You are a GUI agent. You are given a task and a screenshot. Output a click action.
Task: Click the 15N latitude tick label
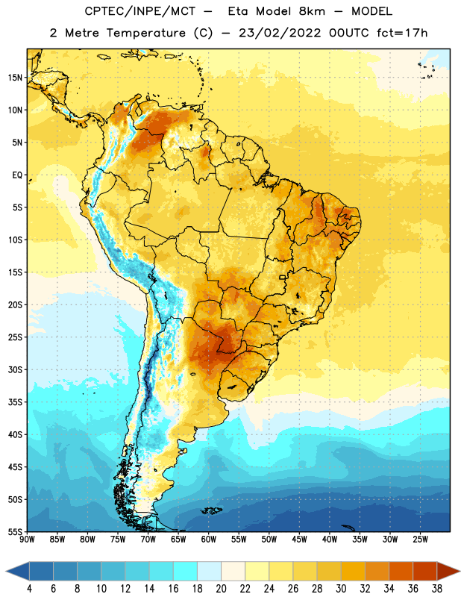(x=15, y=78)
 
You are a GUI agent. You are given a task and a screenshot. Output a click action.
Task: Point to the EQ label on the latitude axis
(x=17, y=175)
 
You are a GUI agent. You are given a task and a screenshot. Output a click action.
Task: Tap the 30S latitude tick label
(x=15, y=369)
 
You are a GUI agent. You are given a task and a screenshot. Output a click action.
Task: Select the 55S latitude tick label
(x=15, y=531)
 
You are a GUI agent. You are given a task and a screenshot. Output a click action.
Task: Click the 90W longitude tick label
(x=27, y=540)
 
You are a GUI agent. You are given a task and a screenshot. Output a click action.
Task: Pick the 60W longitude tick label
(x=209, y=540)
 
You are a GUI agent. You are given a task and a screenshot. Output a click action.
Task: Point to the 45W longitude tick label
(x=299, y=540)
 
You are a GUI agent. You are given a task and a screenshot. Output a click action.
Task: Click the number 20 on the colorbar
(x=221, y=589)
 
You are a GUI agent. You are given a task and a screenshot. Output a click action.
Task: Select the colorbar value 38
(x=436, y=589)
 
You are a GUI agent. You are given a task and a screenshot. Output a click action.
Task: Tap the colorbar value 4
(x=30, y=589)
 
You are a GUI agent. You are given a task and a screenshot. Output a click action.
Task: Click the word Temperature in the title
(x=145, y=33)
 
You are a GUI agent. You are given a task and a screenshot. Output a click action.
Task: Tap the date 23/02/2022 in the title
(x=280, y=33)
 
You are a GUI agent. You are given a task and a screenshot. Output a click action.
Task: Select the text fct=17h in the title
(x=402, y=33)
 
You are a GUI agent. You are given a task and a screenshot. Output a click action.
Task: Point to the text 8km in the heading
(x=312, y=11)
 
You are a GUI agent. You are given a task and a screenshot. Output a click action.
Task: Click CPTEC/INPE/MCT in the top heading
(x=140, y=11)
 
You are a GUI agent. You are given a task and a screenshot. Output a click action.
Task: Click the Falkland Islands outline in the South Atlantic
(x=211, y=510)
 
